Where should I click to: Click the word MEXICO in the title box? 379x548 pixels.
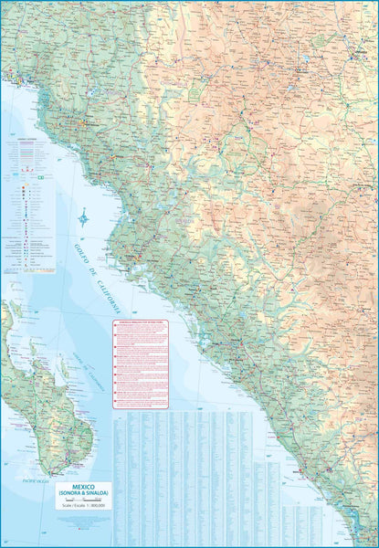(84, 487)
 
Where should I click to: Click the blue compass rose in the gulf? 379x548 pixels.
(83, 217)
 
